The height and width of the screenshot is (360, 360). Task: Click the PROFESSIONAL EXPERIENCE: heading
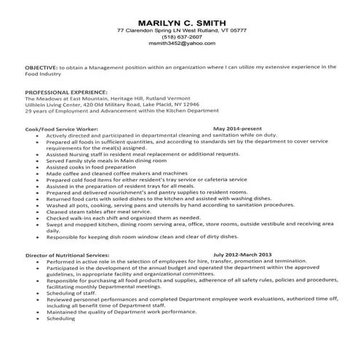[66, 92]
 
